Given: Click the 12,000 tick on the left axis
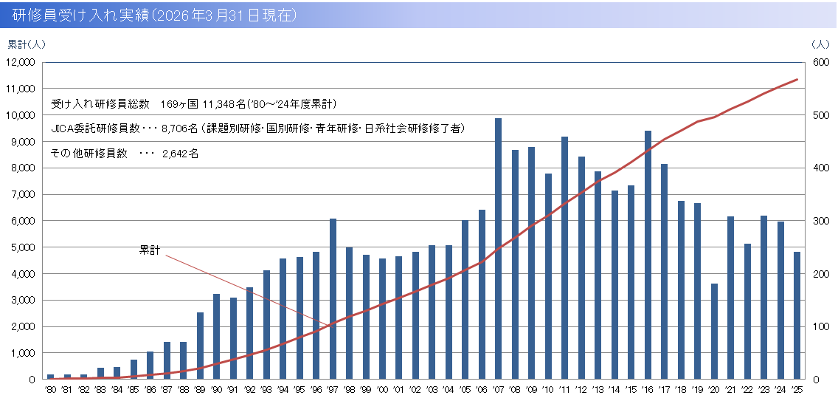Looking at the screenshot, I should tap(21, 62).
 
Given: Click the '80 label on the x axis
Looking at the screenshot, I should tap(50, 389).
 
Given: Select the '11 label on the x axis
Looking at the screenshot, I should tap(564, 389).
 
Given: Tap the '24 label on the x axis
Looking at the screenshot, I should tap(780, 389).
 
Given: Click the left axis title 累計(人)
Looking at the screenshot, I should tap(27, 44).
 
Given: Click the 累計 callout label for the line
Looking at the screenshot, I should tap(149, 250).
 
